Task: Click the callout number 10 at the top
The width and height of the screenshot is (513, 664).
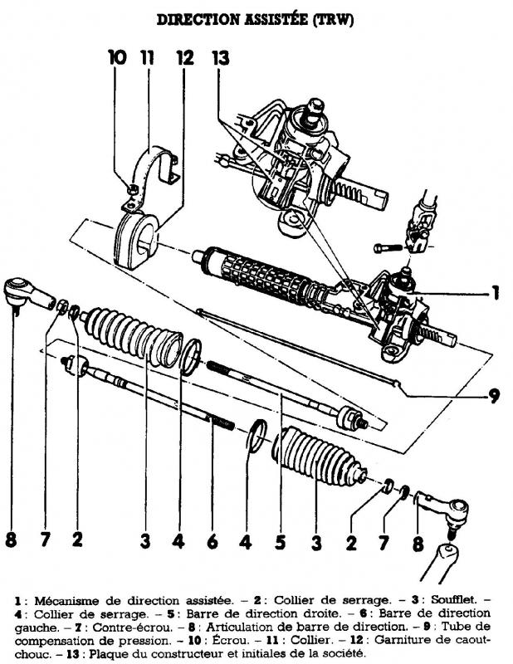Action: [x=117, y=57]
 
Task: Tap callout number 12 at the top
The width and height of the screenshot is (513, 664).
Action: [x=185, y=57]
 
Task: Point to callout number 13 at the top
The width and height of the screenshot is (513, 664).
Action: [x=220, y=57]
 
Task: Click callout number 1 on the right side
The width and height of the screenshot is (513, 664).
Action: [x=495, y=293]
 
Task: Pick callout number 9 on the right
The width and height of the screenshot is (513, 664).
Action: [x=494, y=396]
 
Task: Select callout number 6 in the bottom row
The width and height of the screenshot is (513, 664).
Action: [x=213, y=541]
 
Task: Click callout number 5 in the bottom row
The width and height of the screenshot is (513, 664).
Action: [x=280, y=542]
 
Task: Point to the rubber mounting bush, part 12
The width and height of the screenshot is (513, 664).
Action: [x=135, y=241]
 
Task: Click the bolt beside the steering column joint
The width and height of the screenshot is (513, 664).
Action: [x=388, y=247]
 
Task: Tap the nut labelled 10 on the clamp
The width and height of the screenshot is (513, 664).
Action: [x=133, y=189]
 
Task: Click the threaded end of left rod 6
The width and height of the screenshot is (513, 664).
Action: [x=222, y=422]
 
